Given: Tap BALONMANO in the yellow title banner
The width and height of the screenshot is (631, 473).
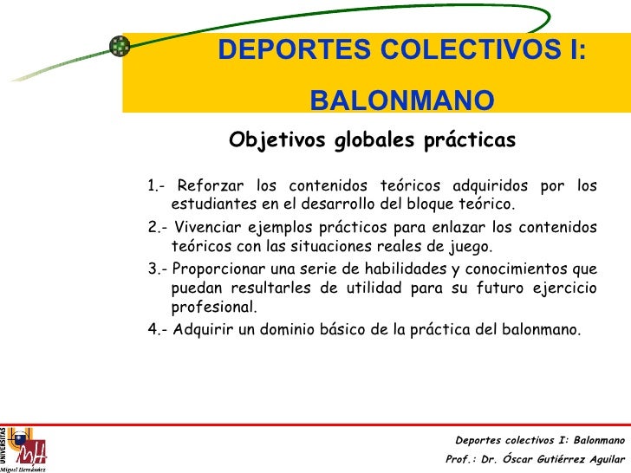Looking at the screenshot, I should click(x=402, y=102).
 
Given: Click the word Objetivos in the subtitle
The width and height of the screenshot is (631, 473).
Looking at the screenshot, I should click(x=277, y=140).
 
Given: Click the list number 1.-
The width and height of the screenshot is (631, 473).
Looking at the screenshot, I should click(x=157, y=185).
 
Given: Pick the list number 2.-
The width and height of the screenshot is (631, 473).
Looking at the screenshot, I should click(x=157, y=227).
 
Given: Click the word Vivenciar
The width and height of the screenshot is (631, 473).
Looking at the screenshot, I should click(x=207, y=227).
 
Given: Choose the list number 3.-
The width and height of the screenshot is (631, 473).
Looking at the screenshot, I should click(x=157, y=268).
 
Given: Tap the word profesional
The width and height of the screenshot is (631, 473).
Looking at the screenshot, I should click(x=214, y=308).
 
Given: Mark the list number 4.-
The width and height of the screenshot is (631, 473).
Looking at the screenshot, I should click(x=157, y=329).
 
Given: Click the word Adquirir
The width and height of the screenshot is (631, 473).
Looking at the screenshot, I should click(x=205, y=329).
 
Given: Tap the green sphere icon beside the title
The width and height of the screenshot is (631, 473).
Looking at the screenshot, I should click(x=119, y=47).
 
